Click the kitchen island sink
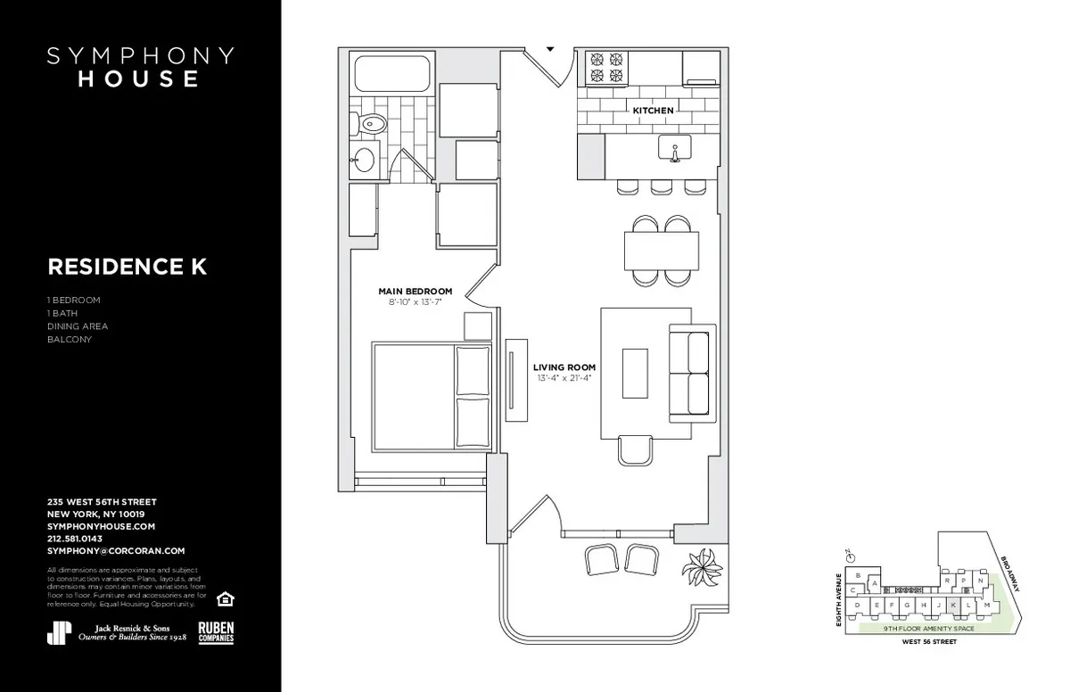pos(675,148)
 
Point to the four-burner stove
pos(606,69)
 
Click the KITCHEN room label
pos(653,111)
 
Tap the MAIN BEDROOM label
pos(415,292)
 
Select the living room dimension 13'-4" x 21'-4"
pos(564,378)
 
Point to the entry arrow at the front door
pos(550,49)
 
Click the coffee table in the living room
pos(634,373)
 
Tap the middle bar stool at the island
pos(661,186)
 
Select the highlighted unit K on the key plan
pos(955,604)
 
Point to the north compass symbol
pos(852,556)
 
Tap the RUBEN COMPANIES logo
pos(216,631)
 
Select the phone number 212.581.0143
pos(74,539)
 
